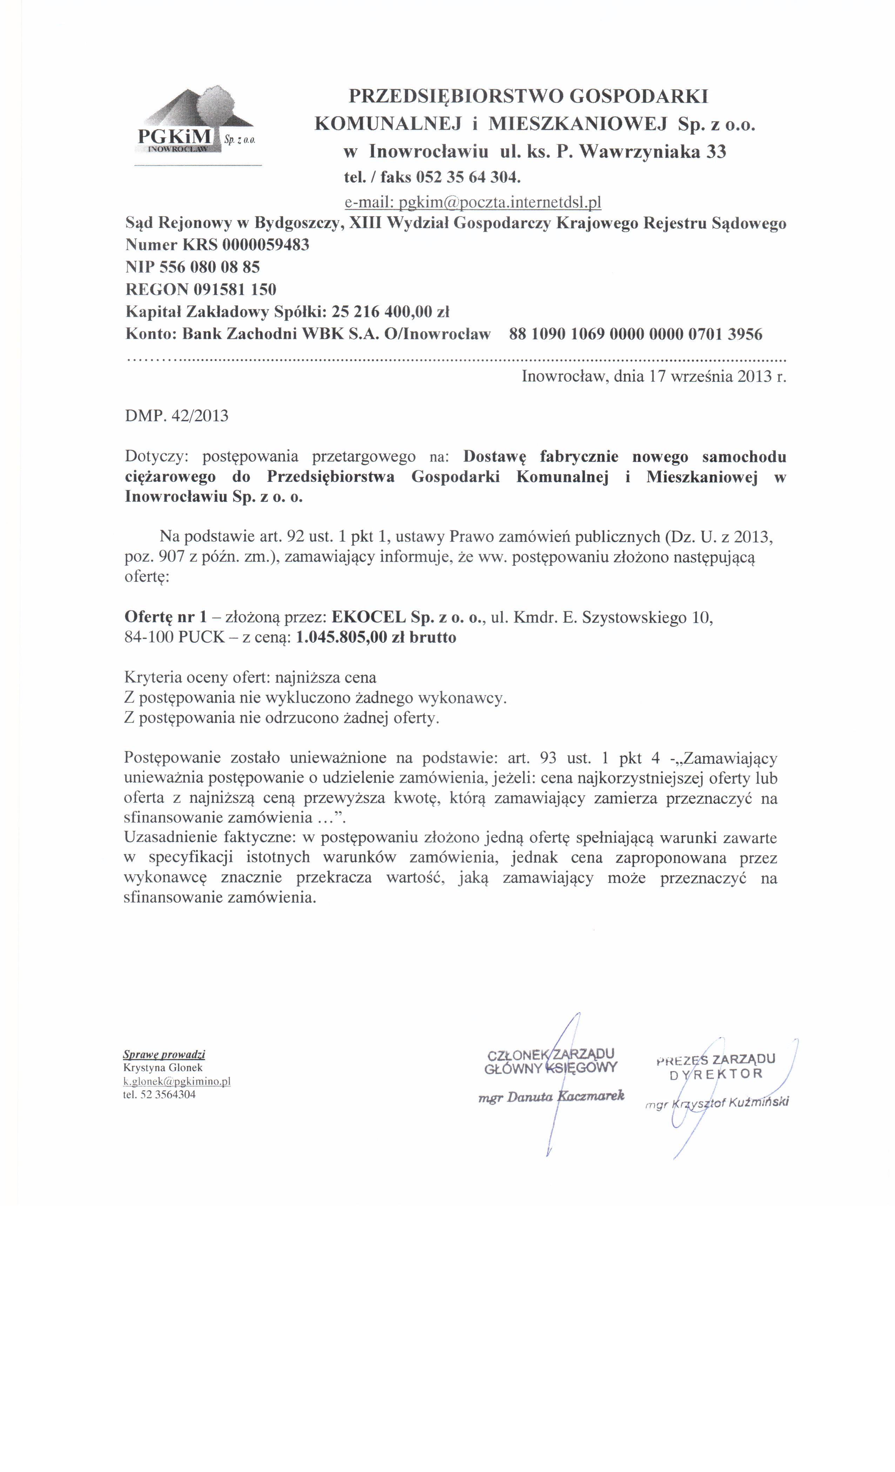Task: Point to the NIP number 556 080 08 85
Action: (x=209, y=267)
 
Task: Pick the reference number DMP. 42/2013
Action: (x=176, y=416)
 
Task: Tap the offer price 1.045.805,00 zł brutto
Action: (x=376, y=638)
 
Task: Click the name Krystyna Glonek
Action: (x=163, y=1068)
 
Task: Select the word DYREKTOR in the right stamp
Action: (x=716, y=1074)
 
